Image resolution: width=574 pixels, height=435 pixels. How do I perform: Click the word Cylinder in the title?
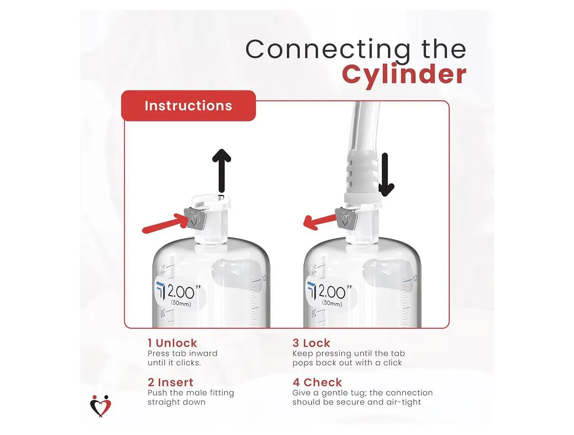(404, 75)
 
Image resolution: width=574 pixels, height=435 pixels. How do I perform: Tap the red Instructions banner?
(188, 106)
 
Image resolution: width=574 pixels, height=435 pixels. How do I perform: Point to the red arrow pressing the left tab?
(165, 223)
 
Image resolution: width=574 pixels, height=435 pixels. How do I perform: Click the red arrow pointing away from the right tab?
(320, 222)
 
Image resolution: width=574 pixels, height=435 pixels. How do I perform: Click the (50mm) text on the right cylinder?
(332, 303)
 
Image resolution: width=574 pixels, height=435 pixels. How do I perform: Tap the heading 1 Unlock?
(172, 343)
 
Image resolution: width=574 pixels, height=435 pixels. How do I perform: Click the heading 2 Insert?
(170, 382)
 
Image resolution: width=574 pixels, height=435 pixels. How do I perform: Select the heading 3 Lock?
(311, 343)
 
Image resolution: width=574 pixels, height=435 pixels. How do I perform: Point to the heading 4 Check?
(317, 382)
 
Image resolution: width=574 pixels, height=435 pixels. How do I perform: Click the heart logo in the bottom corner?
(100, 405)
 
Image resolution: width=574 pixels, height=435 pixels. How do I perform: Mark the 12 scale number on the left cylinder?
(264, 278)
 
